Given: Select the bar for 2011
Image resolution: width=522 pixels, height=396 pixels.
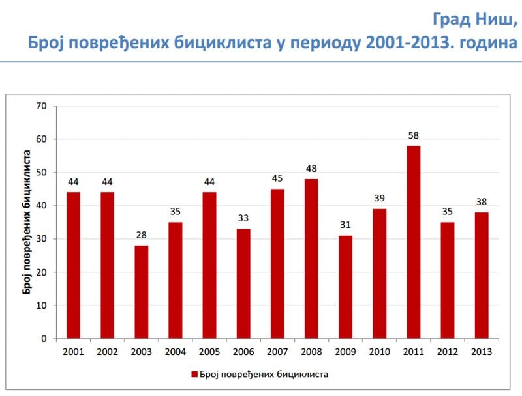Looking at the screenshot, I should [x=413, y=242].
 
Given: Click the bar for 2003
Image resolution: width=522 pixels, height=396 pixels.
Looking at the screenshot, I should [x=141, y=292].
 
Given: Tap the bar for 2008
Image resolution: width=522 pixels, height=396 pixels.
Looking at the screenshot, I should [x=311, y=259].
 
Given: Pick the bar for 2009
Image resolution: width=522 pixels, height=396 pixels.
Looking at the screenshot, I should [x=345, y=287].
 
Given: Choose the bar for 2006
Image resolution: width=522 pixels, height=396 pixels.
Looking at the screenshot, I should [x=243, y=284].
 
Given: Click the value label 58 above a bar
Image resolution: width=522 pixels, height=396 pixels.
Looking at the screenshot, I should [x=413, y=136].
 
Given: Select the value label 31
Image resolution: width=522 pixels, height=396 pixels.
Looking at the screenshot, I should [x=345, y=225].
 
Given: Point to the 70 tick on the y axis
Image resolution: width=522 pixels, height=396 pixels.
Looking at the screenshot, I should [x=42, y=106].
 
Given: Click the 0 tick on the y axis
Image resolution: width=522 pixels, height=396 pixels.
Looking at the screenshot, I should [x=44, y=339].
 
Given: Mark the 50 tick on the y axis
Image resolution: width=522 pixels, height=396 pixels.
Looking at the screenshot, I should [x=42, y=173].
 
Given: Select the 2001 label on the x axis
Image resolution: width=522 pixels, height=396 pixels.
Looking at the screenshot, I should [x=73, y=352].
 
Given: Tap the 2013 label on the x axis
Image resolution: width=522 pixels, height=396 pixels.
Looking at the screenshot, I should [x=481, y=352].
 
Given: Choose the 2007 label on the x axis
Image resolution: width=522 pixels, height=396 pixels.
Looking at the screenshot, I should [x=277, y=352].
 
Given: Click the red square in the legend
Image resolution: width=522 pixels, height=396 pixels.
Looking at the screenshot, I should [x=194, y=375].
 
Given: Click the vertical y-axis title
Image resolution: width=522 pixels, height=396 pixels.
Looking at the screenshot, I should [x=27, y=221].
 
